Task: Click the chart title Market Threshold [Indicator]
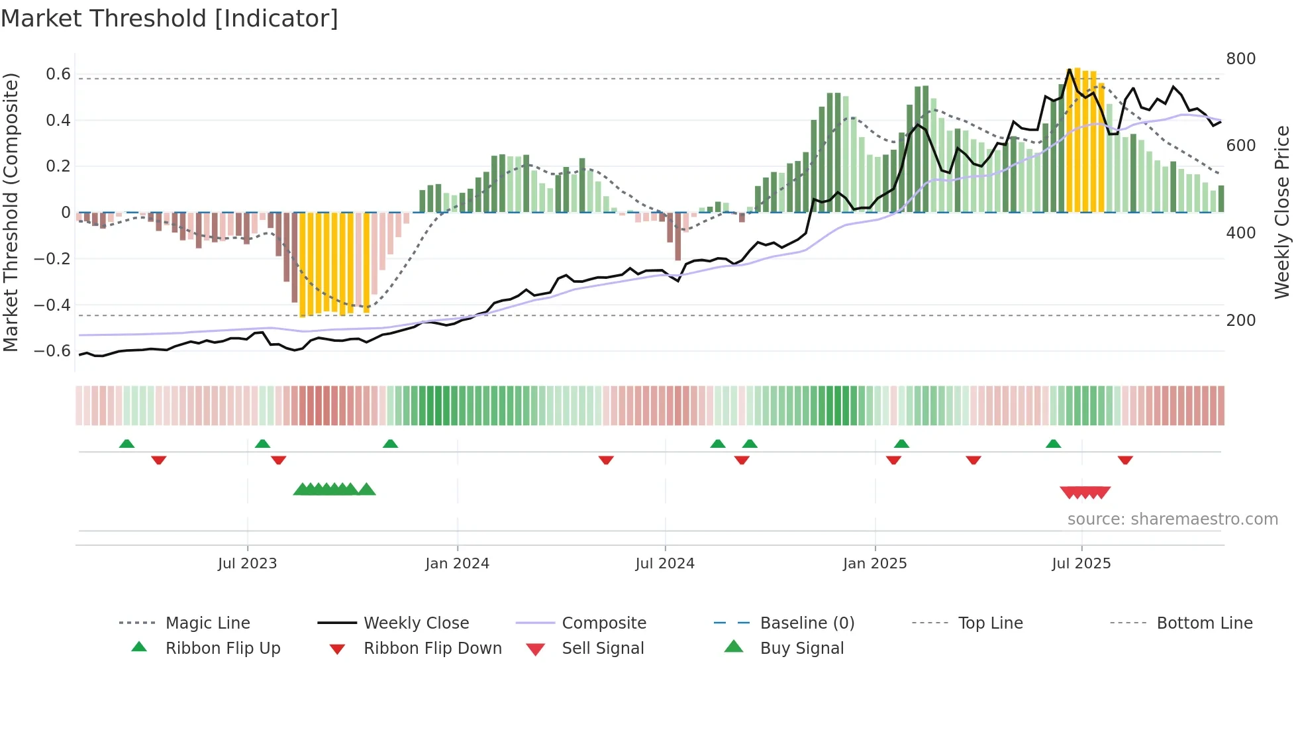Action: tap(170, 19)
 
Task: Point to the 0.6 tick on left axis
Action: tap(58, 74)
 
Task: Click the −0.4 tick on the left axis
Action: tap(53, 305)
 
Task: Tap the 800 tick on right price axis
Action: tap(1240, 59)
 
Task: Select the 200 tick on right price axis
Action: tap(1240, 321)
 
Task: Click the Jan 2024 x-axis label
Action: tap(457, 564)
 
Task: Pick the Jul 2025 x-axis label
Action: tap(1081, 564)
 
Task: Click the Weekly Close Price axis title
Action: tap(1282, 212)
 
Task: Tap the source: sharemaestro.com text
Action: tap(1172, 519)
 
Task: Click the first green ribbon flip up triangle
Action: tap(126, 444)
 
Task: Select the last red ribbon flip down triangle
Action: tap(1125, 460)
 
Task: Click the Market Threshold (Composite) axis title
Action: tap(11, 212)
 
